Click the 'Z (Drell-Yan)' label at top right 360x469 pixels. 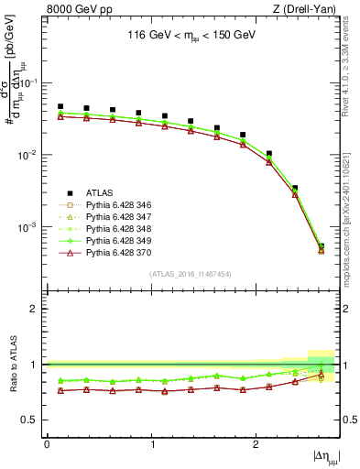point(308,9)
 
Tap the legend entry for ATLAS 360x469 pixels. point(99,192)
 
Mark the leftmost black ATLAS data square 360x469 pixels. point(60,106)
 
